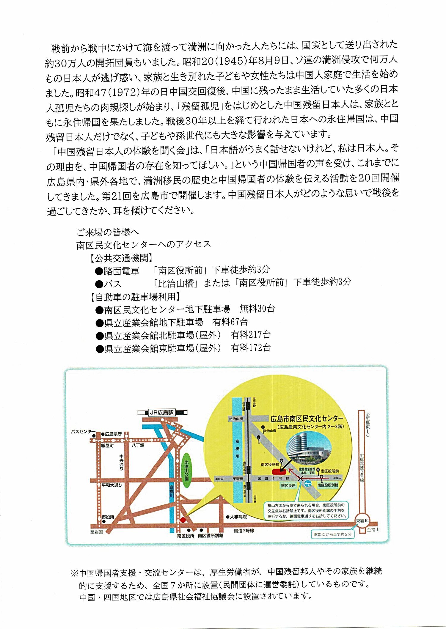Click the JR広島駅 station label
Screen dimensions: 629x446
click(x=162, y=412)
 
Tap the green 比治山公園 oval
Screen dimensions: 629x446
click(x=186, y=470)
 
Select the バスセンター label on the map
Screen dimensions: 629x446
click(x=83, y=431)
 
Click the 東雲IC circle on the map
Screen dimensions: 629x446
click(x=362, y=521)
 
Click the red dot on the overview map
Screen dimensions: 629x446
click(x=183, y=520)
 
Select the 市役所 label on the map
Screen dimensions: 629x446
click(x=108, y=517)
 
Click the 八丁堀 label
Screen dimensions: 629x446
click(x=138, y=445)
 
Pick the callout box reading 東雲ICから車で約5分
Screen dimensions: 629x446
click(x=332, y=534)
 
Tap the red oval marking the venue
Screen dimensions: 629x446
click(x=279, y=471)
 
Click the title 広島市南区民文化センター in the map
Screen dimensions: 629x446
click(x=307, y=419)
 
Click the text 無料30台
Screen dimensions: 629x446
click(x=257, y=309)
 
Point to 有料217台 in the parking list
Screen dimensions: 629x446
click(x=250, y=335)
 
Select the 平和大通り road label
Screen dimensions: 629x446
click(x=111, y=485)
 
